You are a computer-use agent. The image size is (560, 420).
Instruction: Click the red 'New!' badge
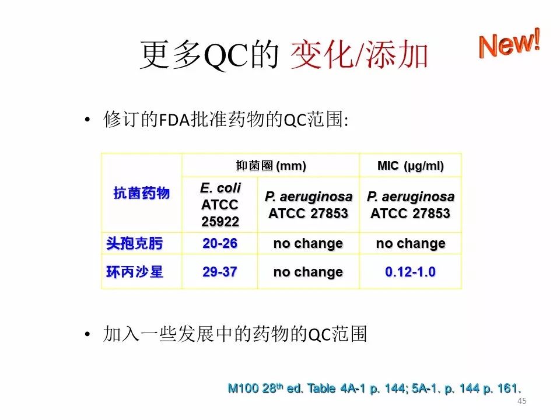click(509, 44)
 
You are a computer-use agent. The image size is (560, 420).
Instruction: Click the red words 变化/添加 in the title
click(359, 54)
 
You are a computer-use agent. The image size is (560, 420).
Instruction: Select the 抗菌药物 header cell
click(141, 193)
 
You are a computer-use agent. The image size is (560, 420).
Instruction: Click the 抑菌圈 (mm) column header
click(271, 166)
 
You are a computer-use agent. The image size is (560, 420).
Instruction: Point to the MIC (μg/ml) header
click(411, 166)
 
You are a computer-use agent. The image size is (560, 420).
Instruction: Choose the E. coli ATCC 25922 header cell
click(220, 205)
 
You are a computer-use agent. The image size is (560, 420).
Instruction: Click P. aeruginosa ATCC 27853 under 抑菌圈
click(308, 205)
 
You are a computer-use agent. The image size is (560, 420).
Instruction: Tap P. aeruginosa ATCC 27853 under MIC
click(410, 205)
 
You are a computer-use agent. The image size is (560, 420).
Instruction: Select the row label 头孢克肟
click(134, 243)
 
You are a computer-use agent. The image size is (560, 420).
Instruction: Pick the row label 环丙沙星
click(134, 272)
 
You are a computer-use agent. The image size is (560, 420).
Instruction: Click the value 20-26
click(220, 243)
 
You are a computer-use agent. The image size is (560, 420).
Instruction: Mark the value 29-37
click(220, 272)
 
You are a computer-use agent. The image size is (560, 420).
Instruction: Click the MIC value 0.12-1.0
click(410, 272)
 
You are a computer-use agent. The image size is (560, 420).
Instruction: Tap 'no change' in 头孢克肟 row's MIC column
click(411, 243)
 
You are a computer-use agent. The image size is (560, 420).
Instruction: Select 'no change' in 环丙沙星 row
click(308, 272)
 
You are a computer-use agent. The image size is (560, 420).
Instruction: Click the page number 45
click(521, 401)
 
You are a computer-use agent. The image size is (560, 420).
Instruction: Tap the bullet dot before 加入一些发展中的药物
click(87, 335)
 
